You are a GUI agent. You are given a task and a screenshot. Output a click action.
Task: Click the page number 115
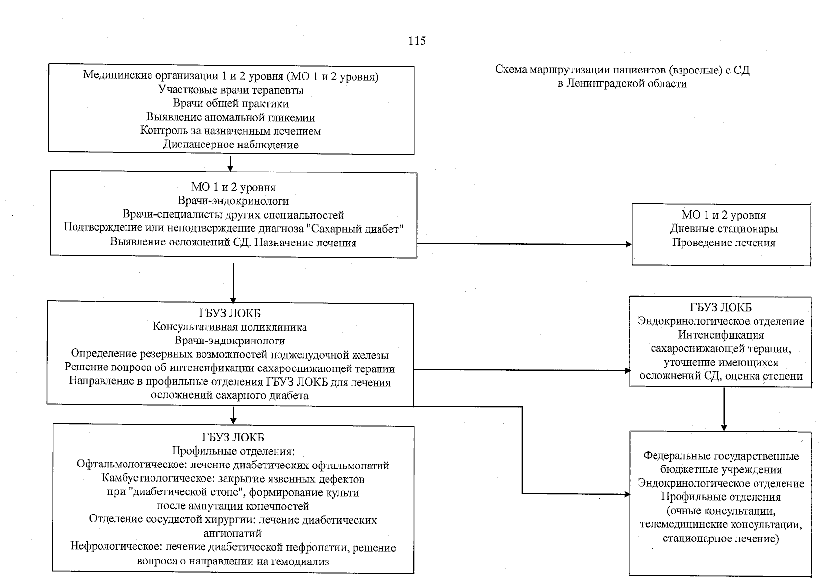click(417, 41)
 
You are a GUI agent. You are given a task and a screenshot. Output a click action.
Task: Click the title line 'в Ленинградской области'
click(622, 84)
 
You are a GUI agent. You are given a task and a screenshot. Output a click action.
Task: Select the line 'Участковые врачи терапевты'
click(231, 90)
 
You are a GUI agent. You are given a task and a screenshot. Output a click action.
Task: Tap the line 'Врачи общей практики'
click(231, 104)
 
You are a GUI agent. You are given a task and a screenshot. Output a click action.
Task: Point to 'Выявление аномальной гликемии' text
click(231, 118)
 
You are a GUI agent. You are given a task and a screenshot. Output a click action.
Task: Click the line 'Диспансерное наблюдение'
click(231, 145)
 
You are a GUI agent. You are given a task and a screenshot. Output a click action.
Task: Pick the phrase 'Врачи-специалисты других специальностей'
click(233, 215)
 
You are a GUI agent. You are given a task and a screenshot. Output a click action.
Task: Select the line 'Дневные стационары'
click(724, 229)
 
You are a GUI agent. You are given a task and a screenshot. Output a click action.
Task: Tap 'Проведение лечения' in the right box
click(724, 243)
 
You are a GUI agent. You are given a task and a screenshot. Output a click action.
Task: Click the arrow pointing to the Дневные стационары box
click(628, 244)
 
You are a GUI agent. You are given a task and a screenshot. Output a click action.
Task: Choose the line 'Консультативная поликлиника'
click(230, 327)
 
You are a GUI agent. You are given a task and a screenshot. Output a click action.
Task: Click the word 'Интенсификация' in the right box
click(721, 335)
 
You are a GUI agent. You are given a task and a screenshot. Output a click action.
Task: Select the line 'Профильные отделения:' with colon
click(233, 451)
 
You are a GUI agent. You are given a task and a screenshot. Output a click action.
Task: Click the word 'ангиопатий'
click(233, 533)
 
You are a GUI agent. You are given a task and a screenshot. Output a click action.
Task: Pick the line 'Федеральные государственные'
click(721, 456)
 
